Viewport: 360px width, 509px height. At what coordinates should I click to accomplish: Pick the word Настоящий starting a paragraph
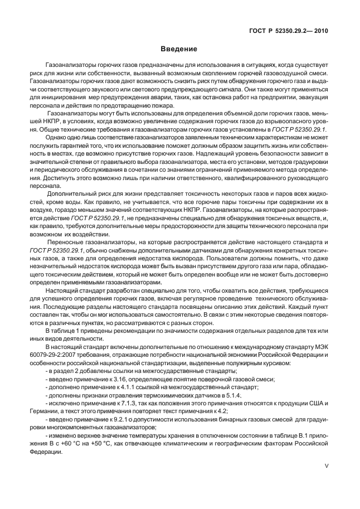point(63,289)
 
